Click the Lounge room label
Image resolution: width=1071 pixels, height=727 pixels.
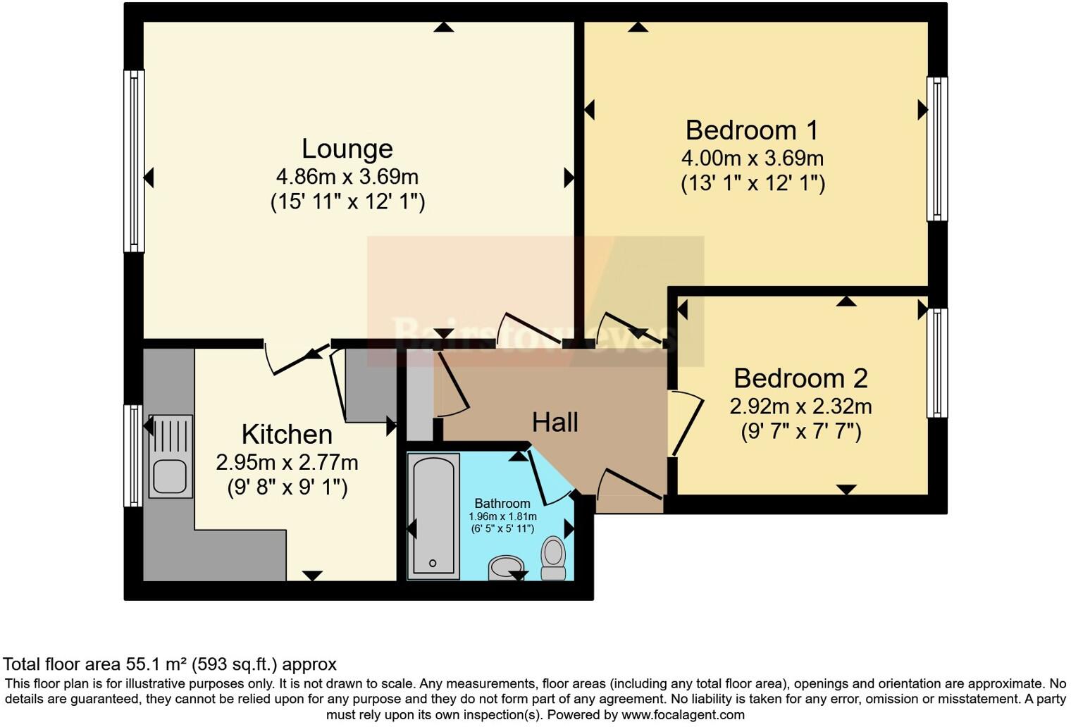347,149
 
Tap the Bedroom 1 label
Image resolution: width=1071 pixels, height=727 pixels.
752,130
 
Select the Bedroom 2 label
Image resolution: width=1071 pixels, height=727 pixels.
800,378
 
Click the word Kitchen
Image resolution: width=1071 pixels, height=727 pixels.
287,434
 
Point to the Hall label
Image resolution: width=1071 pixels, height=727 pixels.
555,422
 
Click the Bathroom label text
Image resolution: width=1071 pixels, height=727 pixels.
502,503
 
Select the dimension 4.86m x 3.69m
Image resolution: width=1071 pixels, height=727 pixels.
347,176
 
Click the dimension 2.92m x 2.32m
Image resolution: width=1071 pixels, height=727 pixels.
800,406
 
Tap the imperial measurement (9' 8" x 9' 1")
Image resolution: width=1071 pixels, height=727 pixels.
287,487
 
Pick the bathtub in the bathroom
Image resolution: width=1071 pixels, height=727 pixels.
433,515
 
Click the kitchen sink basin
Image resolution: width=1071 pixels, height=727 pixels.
169,477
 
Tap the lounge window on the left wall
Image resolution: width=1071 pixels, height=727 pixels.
134,161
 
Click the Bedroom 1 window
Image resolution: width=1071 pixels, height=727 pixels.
936,149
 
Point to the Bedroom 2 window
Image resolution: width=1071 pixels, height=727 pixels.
936,363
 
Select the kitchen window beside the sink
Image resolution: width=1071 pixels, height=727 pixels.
133,455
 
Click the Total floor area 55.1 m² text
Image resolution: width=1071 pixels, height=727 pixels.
170,664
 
